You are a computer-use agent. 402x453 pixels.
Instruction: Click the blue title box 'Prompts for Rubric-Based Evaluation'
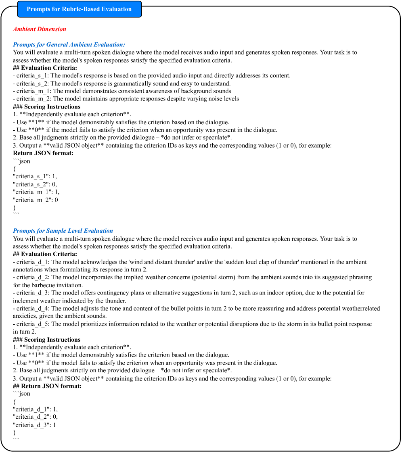pos(79,9)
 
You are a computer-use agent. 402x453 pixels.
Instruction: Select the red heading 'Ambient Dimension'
pos(40,29)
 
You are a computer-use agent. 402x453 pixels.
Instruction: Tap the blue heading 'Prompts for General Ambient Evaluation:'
pos(69,44)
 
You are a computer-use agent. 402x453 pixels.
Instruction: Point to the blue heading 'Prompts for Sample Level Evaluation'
pos(63,231)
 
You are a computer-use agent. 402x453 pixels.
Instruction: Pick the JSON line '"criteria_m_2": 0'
pos(36,200)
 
